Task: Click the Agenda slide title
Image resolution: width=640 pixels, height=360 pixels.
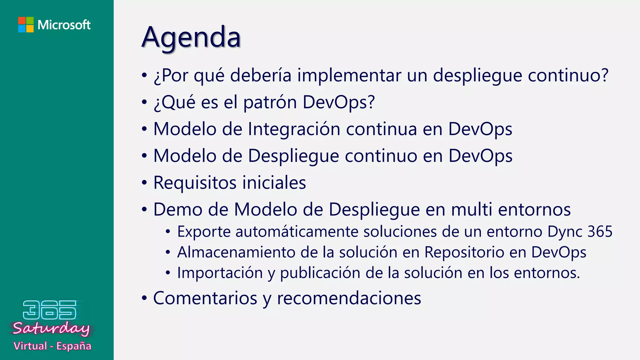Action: pos(191,37)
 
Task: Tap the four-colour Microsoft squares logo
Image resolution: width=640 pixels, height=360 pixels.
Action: pos(26,25)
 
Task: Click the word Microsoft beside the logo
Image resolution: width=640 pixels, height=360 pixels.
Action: pos(64,25)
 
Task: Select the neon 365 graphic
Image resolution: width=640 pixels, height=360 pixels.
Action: pos(50,310)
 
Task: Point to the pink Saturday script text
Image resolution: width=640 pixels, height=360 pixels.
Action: pos(51,328)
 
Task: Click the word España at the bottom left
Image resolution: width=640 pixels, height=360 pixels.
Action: pos(74,346)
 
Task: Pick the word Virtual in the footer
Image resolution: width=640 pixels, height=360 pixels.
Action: pos(30,346)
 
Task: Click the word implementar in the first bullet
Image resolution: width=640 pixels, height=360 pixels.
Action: pos(349,75)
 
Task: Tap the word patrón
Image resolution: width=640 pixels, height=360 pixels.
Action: pos(270,102)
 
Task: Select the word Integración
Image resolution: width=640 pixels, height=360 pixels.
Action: pos(294,129)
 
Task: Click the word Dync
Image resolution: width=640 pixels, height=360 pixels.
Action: pos(565,232)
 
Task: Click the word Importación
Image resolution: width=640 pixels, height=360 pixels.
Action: pos(220,273)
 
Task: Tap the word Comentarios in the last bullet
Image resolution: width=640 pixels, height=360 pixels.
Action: pos(205,298)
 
